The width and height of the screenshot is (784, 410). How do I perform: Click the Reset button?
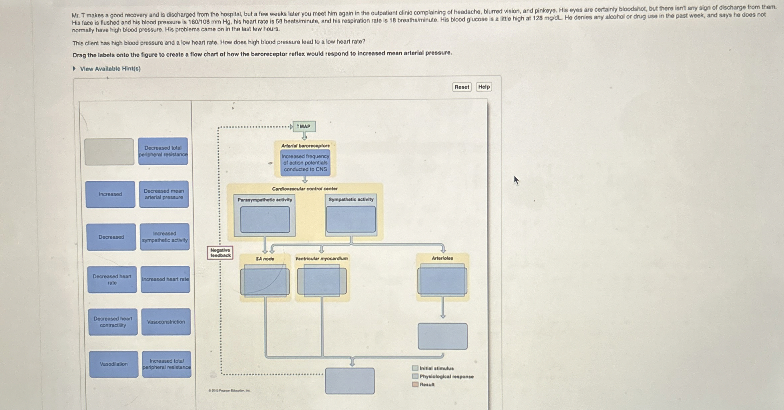click(x=462, y=87)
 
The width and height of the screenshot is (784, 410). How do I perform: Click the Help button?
click(x=484, y=87)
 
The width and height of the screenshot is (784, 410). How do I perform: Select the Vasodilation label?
click(x=113, y=364)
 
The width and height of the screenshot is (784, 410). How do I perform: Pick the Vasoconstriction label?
click(x=166, y=322)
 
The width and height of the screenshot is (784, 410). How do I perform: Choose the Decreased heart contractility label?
click(x=113, y=322)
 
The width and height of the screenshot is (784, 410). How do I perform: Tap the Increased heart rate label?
click(x=165, y=280)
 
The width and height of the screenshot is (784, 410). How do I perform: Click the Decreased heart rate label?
click(x=112, y=280)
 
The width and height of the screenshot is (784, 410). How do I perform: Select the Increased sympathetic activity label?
click(x=165, y=237)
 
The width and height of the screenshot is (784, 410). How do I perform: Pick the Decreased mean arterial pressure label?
click(x=164, y=194)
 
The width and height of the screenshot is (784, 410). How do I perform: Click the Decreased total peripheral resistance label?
click(x=163, y=151)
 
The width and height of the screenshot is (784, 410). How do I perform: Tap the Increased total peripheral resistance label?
click(x=167, y=364)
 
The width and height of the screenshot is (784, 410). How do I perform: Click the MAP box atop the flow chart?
click(x=304, y=126)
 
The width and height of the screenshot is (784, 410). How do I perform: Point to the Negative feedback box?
click(x=220, y=253)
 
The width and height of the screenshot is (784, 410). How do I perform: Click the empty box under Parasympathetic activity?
click(x=265, y=220)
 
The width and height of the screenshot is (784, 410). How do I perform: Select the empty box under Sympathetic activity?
click(x=351, y=219)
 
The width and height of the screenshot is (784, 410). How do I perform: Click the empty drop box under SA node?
click(x=265, y=282)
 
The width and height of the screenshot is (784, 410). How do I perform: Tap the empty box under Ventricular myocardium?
click(x=322, y=282)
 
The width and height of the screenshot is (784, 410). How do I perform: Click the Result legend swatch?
click(x=415, y=384)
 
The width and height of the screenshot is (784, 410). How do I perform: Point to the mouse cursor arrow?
click(x=516, y=180)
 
